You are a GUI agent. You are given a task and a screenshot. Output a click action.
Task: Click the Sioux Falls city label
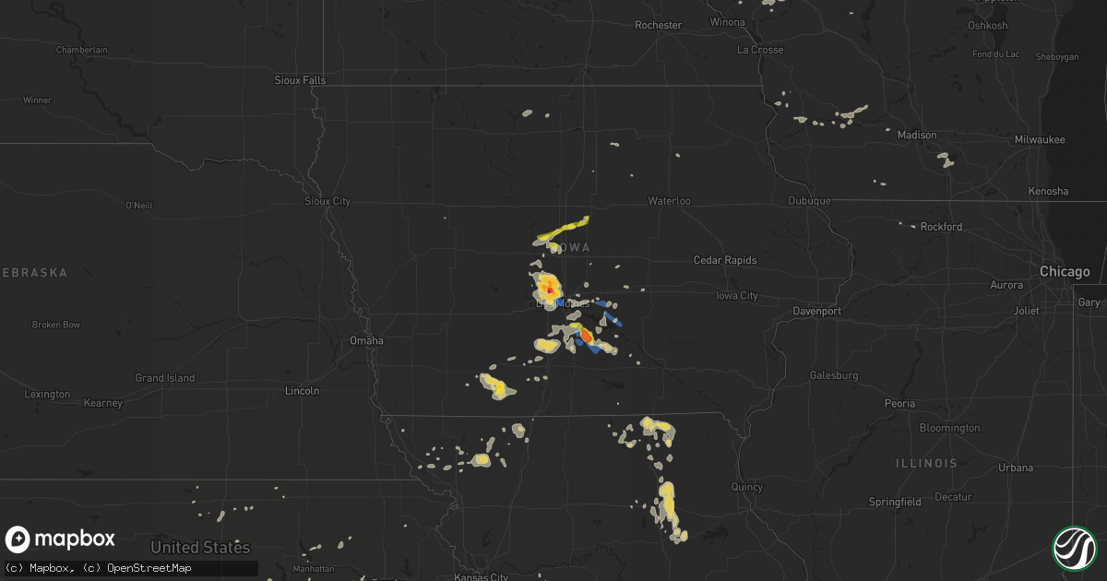click(x=300, y=80)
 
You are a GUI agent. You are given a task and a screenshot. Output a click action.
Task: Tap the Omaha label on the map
click(x=366, y=340)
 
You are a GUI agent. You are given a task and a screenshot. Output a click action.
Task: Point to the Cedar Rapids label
click(x=725, y=260)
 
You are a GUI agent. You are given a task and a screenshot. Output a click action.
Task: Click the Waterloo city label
click(x=669, y=200)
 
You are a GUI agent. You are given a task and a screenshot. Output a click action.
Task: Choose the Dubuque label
click(x=810, y=200)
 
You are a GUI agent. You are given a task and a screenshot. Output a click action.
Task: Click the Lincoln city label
click(x=303, y=390)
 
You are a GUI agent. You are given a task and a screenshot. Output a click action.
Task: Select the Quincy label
click(x=746, y=487)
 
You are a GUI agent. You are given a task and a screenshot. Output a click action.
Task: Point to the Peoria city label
click(x=899, y=403)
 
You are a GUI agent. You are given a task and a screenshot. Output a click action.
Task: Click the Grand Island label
click(x=165, y=378)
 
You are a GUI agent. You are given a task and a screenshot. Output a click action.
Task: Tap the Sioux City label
click(x=327, y=200)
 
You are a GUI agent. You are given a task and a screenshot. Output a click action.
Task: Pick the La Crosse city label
click(x=760, y=50)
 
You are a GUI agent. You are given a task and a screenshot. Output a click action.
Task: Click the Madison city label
click(x=917, y=135)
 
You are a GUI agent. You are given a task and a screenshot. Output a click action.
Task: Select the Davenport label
click(x=816, y=311)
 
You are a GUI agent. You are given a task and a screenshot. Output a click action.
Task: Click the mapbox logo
click(x=61, y=539)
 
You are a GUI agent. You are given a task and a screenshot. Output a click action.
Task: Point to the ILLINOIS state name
click(x=926, y=463)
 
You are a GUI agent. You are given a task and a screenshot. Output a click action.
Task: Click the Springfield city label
click(x=895, y=502)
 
